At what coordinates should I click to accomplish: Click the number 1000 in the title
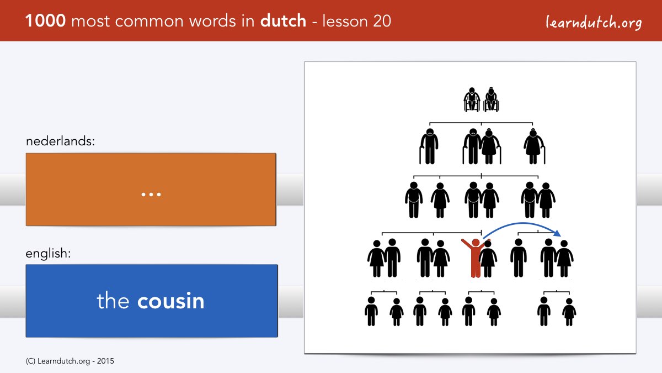click(45, 21)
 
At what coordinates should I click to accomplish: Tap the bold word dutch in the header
click(283, 21)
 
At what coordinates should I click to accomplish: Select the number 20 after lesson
click(382, 21)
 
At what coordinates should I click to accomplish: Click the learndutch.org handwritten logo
click(594, 22)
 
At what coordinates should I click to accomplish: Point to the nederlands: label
click(60, 141)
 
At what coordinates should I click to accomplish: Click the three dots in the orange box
click(151, 195)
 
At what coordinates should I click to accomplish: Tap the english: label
click(48, 254)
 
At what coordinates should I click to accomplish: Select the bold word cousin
click(171, 301)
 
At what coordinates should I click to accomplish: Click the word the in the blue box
click(113, 301)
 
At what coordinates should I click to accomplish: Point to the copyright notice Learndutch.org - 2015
click(70, 361)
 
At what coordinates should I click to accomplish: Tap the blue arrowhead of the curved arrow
click(557, 233)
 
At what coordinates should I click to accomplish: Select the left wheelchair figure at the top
click(472, 99)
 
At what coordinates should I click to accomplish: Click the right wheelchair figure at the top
click(491, 99)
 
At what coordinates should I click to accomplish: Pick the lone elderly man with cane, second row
click(429, 146)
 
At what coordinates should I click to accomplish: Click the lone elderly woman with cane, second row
click(535, 146)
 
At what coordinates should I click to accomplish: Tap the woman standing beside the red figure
click(488, 259)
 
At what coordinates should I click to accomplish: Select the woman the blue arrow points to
click(564, 259)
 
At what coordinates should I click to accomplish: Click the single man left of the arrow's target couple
click(519, 258)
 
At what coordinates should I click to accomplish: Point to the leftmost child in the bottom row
click(371, 311)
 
